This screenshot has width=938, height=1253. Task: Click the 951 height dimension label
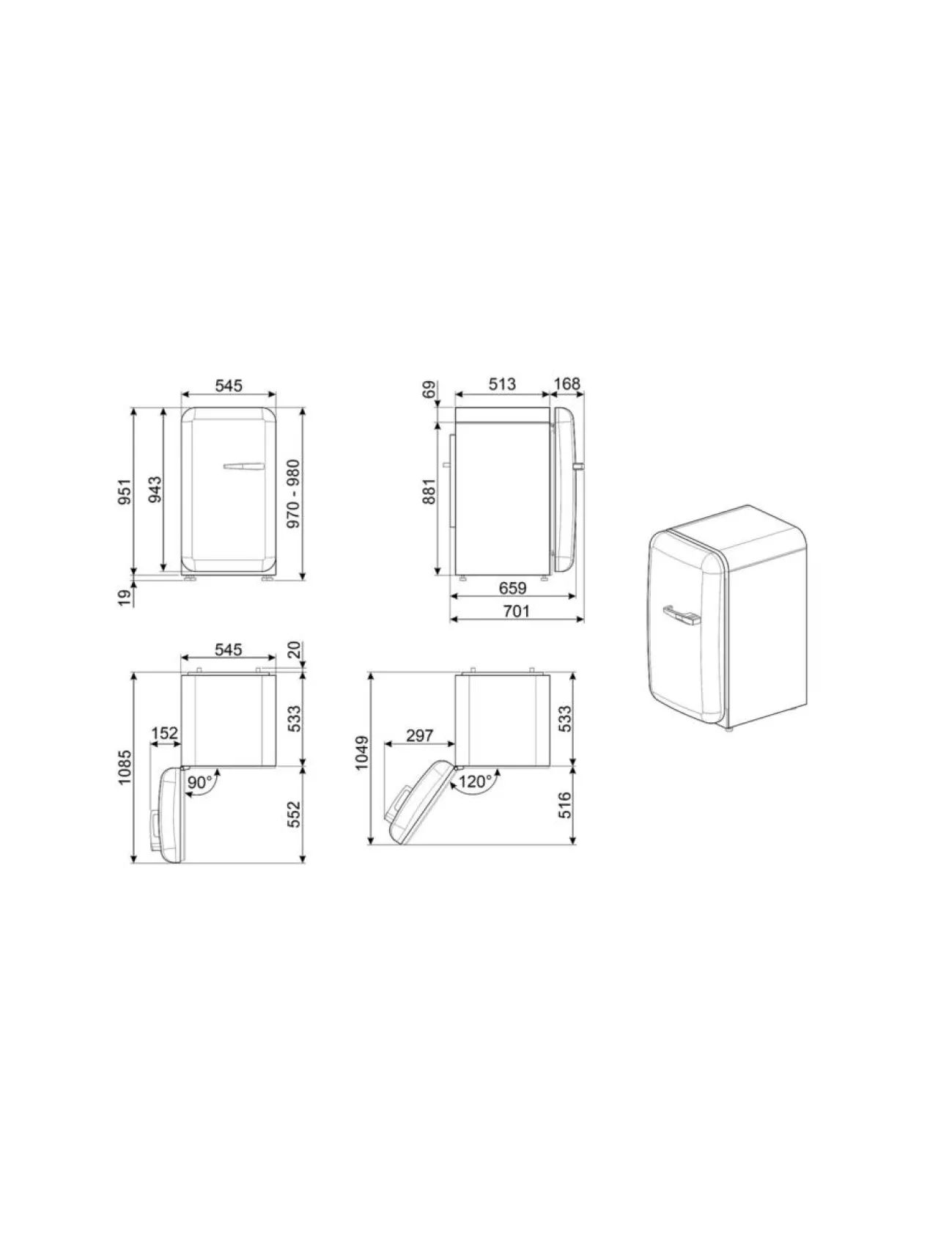(125, 491)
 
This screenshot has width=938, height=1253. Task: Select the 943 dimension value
(155, 490)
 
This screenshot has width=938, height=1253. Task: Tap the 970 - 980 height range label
(293, 494)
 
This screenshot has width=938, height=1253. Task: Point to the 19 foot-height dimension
(125, 598)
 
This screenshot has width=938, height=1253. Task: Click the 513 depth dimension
(502, 384)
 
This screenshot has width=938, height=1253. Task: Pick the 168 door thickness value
(567, 384)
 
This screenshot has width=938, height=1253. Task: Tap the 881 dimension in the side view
(429, 491)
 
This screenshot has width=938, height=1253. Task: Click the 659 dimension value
(512, 588)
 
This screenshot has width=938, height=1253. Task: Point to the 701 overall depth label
(516, 611)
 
